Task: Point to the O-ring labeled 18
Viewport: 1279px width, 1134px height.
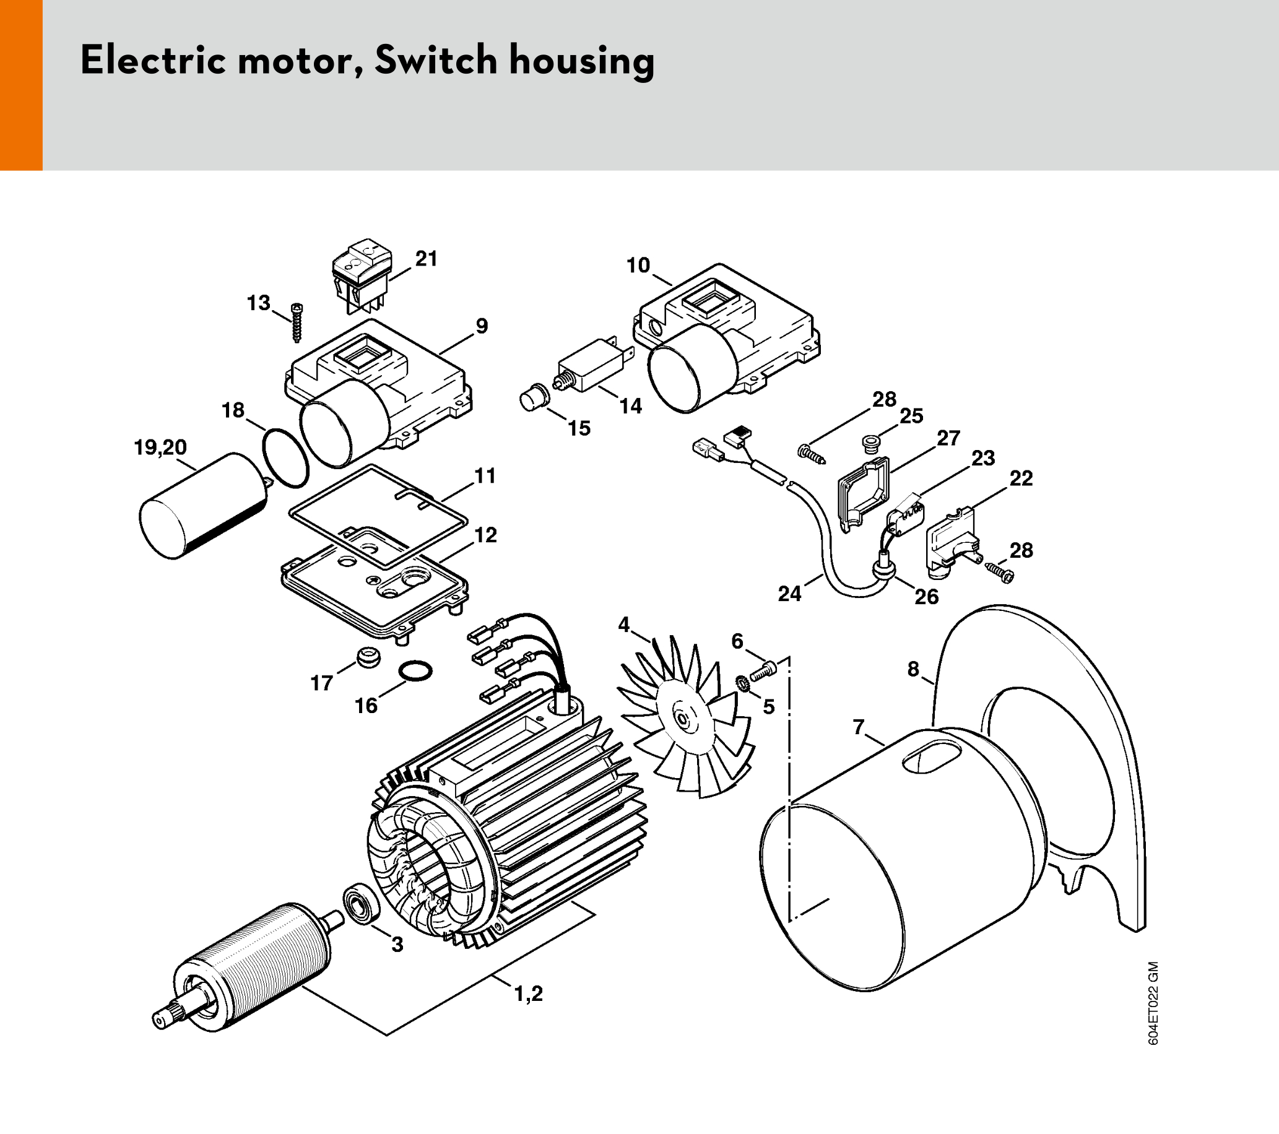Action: (x=285, y=457)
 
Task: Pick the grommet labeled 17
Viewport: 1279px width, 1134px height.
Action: (x=368, y=658)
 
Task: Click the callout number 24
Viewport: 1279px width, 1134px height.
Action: (x=789, y=593)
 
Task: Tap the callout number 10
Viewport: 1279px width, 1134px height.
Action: (x=638, y=266)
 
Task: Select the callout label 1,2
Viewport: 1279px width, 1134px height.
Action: (x=528, y=993)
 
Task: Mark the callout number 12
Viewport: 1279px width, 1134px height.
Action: (x=485, y=535)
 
